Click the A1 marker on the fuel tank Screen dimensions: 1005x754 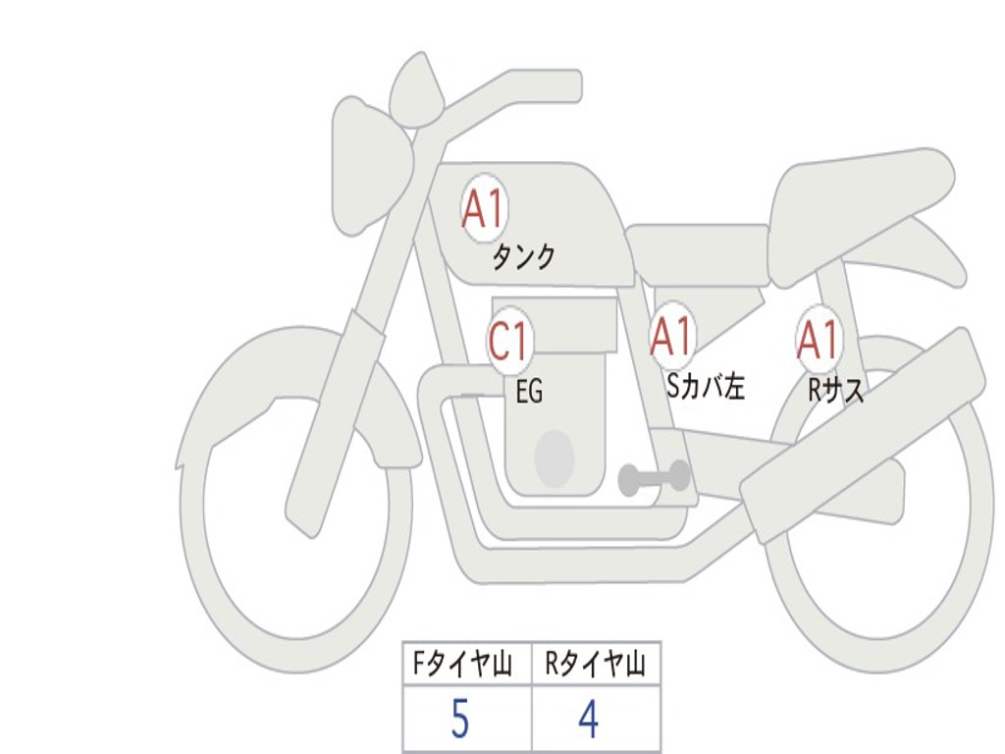[x=484, y=208]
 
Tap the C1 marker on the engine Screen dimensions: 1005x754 [x=508, y=340]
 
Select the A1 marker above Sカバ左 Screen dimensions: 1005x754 [x=671, y=336]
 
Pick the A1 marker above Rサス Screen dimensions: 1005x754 [x=819, y=340]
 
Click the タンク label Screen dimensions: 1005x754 [x=523, y=258]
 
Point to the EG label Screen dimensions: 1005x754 [x=529, y=391]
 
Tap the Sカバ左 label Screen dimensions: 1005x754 [x=706, y=386]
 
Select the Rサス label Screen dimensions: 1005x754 [x=835, y=389]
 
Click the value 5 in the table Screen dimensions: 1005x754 [x=460, y=719]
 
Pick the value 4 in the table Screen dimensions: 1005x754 [x=589, y=719]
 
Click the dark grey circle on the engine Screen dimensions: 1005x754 [x=555, y=458]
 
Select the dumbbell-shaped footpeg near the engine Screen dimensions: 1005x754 [x=655, y=477]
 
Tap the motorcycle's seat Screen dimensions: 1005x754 [x=859, y=212]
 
